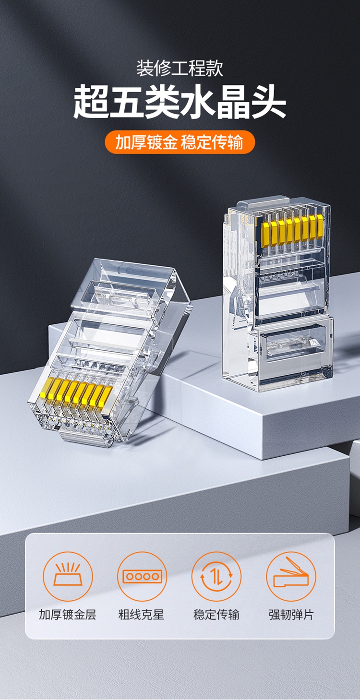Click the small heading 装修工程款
pos(180,69)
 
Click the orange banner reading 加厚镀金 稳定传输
pos(180,142)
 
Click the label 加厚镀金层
pos(68,615)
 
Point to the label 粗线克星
pos(142,615)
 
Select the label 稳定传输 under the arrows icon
pos(216,615)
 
